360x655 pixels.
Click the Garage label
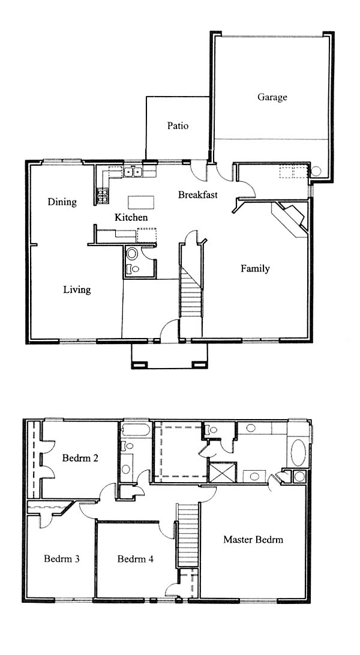[x=272, y=97]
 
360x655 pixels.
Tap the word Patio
[x=178, y=125]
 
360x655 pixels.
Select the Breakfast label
[x=198, y=195]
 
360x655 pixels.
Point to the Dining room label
[x=62, y=202]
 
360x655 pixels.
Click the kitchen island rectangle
[x=141, y=202]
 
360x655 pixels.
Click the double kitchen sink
[x=134, y=172]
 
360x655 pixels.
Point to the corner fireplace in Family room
[x=292, y=219]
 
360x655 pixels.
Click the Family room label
[x=255, y=268]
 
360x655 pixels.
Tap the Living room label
[x=77, y=289]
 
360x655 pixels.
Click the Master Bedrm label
[x=253, y=539]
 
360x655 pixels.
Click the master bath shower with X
[x=222, y=472]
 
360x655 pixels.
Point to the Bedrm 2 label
[x=80, y=458]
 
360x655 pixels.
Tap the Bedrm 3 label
[x=62, y=558]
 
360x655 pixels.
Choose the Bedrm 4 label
[x=136, y=558]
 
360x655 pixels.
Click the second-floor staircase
[x=187, y=535]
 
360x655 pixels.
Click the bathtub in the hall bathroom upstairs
[x=135, y=430]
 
